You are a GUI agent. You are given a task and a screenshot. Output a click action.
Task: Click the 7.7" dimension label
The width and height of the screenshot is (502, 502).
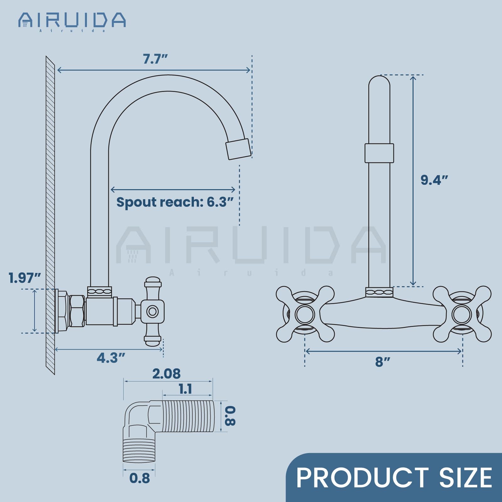(x=155, y=59)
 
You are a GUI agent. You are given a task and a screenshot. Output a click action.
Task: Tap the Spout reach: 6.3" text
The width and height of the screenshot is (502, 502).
(x=175, y=202)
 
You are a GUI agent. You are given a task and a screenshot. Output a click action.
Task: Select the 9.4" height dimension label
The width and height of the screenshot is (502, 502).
(x=434, y=180)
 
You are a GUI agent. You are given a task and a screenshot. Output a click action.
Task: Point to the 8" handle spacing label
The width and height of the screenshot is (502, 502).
(x=382, y=362)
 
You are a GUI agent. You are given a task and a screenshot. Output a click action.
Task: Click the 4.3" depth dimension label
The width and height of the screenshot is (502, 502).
(x=111, y=358)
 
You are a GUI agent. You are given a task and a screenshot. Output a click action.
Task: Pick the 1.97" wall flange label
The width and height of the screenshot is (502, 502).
(x=24, y=278)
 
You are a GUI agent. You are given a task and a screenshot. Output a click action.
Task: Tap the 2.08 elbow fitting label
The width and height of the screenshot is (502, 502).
(x=166, y=374)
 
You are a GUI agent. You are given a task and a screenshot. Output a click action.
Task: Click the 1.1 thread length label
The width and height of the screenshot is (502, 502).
(x=185, y=389)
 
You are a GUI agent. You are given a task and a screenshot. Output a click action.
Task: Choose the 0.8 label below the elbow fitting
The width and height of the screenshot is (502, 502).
(x=139, y=478)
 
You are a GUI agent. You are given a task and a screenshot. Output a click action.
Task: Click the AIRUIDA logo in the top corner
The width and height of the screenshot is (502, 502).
(x=72, y=21)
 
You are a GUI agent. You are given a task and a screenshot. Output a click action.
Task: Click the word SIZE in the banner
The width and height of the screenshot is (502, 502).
(x=466, y=478)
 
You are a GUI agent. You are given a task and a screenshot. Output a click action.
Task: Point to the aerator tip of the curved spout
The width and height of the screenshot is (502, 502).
(x=238, y=149)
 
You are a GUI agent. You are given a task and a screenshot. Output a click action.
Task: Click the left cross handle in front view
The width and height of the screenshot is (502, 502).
(x=305, y=314)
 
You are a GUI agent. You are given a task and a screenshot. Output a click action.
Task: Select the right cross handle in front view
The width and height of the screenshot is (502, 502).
(x=462, y=314)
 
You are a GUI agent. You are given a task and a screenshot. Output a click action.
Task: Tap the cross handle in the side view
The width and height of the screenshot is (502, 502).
(x=153, y=311)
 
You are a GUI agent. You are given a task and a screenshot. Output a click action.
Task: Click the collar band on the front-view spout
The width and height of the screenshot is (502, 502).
(x=379, y=153)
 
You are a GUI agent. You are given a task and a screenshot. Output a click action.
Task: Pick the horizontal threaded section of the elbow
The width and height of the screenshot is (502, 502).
(x=188, y=416)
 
